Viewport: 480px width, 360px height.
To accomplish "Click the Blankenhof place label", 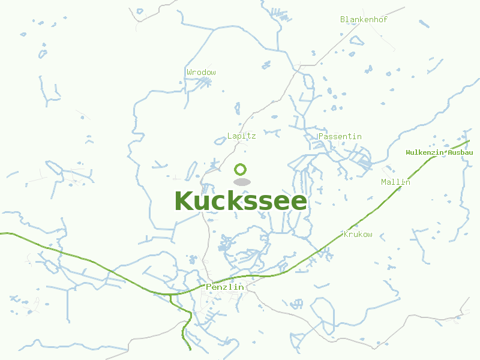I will pyautogui.click(x=364, y=20).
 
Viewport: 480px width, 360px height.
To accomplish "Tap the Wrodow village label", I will pyautogui.click(x=201, y=73).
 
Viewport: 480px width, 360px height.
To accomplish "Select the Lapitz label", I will pyautogui.click(x=241, y=136).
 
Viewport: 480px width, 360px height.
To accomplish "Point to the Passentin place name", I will pyautogui.click(x=340, y=137).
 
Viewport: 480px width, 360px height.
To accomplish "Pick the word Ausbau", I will pyautogui.click(x=460, y=153).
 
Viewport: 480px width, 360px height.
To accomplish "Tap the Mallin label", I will pyautogui.click(x=395, y=182).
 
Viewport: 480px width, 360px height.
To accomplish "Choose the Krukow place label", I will pyautogui.click(x=358, y=235).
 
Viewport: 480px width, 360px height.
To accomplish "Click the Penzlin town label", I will pyautogui.click(x=224, y=287).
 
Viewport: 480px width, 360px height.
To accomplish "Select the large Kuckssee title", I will pyautogui.click(x=241, y=202).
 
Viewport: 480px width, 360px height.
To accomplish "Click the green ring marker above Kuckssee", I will pyautogui.click(x=241, y=169).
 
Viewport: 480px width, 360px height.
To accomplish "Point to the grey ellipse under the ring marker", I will pyautogui.click(x=241, y=182).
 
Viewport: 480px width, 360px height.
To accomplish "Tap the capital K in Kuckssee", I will pyautogui.click(x=184, y=202).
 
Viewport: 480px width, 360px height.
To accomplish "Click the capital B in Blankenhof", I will pyautogui.click(x=343, y=20).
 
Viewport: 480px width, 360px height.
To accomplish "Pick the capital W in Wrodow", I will pyautogui.click(x=189, y=73).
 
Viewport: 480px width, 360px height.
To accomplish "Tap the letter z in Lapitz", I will pyautogui.click(x=253, y=136).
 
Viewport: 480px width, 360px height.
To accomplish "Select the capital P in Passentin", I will pyautogui.click(x=321, y=137).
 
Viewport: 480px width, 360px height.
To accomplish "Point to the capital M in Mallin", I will pyautogui.click(x=384, y=182).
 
